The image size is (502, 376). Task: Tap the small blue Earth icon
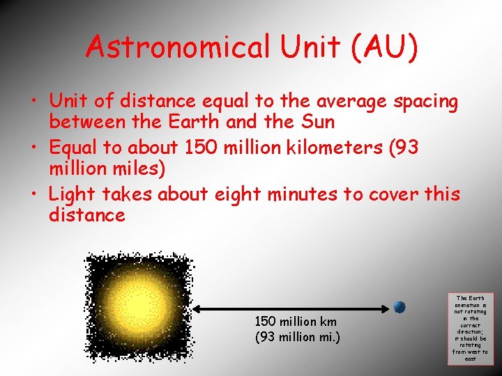click(x=400, y=307)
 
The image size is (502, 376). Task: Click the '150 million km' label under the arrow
click(x=296, y=322)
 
